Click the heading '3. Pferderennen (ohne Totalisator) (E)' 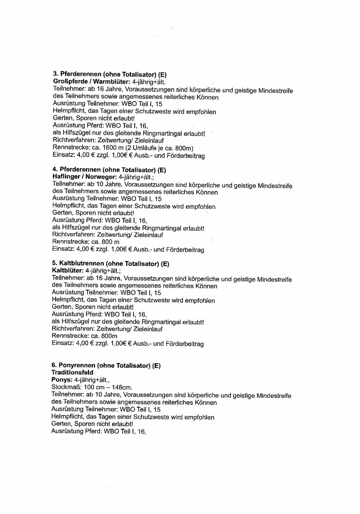click(x=109, y=75)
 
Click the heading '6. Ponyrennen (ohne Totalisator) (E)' click(x=106, y=366)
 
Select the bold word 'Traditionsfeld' click(x=72, y=372)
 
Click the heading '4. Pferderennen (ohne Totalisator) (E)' click(x=109, y=170)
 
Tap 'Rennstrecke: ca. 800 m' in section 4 click(x=85, y=242)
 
